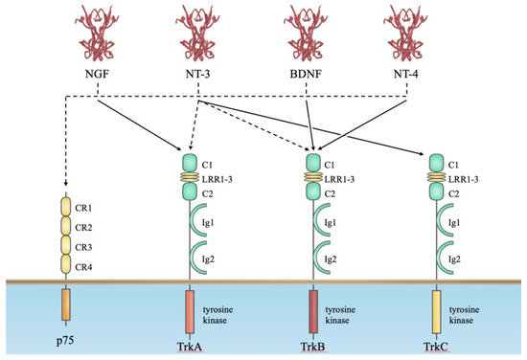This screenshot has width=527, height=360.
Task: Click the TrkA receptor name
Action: coord(190,347)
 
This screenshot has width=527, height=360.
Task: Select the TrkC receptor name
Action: coord(436,347)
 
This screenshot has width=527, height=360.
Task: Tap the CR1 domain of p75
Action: coord(66,207)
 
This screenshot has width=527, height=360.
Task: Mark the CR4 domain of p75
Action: coord(66,262)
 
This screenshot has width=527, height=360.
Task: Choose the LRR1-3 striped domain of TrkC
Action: coord(436,178)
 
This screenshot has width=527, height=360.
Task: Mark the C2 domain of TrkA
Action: coord(190,191)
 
